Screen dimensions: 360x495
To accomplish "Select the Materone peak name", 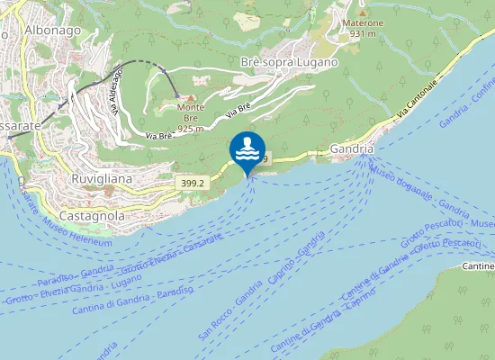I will pos(363,22).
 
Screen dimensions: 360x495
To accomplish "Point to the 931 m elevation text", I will pos(363,33).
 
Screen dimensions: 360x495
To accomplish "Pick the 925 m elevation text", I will pos(190,129).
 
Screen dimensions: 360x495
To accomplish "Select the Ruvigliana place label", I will pos(101,179).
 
